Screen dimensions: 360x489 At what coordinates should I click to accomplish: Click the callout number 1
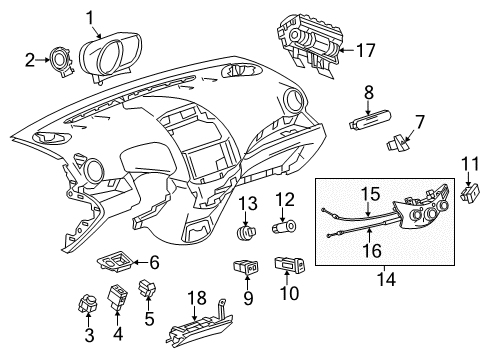tap(117, 16)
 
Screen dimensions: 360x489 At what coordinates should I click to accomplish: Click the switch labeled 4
tap(118, 297)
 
